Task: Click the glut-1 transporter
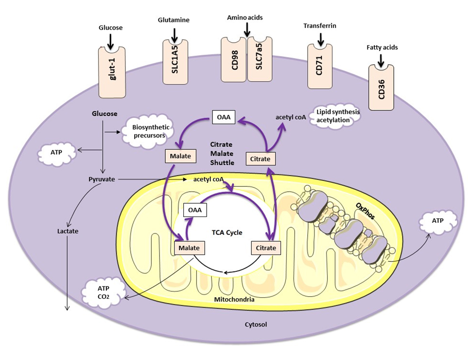pos(112,73)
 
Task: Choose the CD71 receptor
pos(320,67)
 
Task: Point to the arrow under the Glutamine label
pos(175,35)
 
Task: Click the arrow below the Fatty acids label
pos(381,59)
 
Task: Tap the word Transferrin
pos(319,25)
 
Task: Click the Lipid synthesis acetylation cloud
pos(337,115)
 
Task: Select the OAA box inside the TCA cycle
pos(195,210)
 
